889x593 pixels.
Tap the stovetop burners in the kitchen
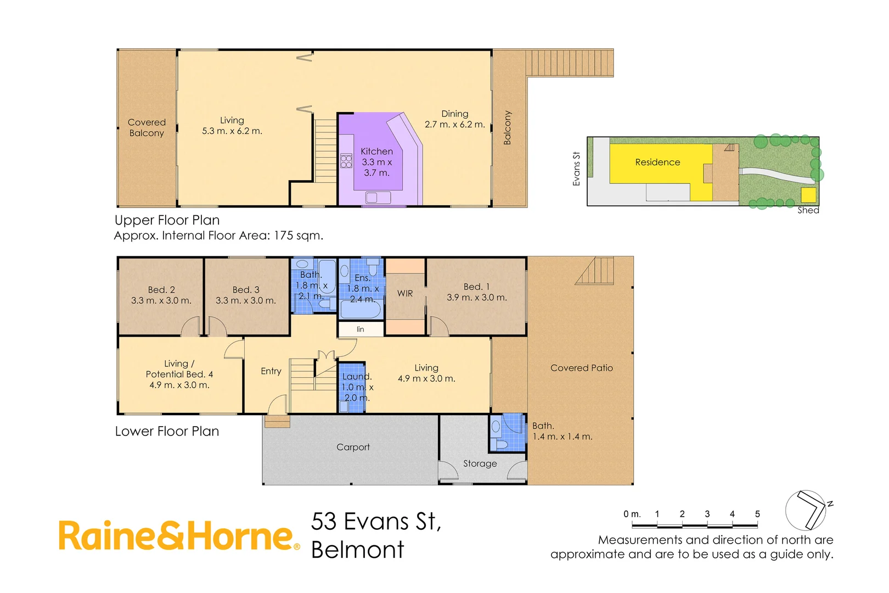pyautogui.click(x=346, y=161)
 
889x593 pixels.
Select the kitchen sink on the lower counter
pyautogui.click(x=378, y=197)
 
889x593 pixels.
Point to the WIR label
pyautogui.click(x=405, y=294)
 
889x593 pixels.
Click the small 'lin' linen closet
pyautogui.click(x=361, y=329)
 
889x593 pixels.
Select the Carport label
pyautogui.click(x=353, y=447)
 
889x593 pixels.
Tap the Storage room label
pyautogui.click(x=480, y=464)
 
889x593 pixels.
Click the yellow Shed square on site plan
pyautogui.click(x=808, y=195)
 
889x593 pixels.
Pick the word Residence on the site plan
pyautogui.click(x=657, y=163)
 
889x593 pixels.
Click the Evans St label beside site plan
pyautogui.click(x=576, y=169)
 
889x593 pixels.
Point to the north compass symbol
pyautogui.click(x=806, y=510)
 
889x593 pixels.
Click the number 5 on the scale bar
pyautogui.click(x=757, y=514)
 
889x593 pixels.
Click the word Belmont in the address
pyautogui.click(x=358, y=550)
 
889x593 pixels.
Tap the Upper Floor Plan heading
pyautogui.click(x=167, y=220)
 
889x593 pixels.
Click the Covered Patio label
pyautogui.click(x=581, y=368)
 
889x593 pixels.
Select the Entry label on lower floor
pyautogui.click(x=271, y=371)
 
